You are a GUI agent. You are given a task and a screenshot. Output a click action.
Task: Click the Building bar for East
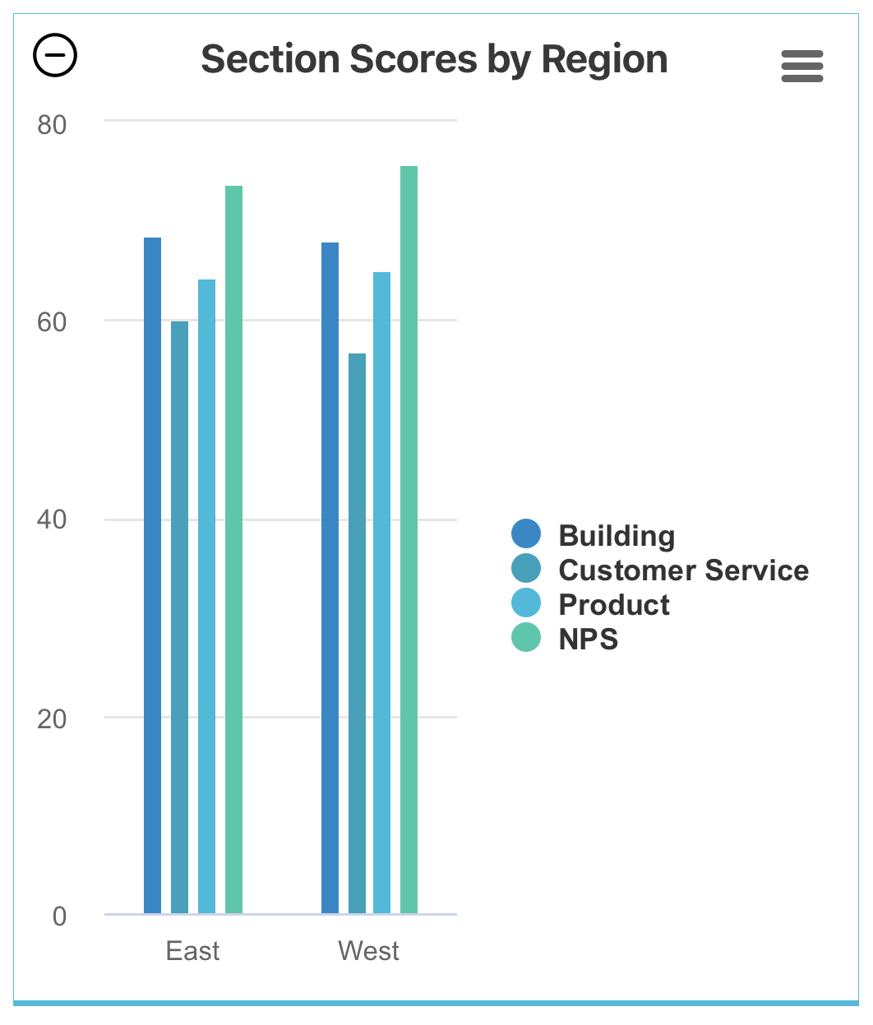[152, 575]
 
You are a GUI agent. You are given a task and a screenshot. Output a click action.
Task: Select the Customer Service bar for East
[179, 616]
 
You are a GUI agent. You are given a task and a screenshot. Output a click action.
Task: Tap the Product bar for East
[206, 596]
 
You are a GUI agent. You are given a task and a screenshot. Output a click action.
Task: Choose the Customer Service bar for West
[357, 633]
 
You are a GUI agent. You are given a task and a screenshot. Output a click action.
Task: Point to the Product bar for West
[381, 592]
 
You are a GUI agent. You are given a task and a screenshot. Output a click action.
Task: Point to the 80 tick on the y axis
[52, 125]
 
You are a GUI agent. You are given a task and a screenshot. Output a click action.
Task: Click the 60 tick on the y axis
[52, 322]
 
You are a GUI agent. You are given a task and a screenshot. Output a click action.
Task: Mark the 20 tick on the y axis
[52, 718]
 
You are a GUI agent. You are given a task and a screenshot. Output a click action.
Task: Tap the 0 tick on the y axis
[59, 916]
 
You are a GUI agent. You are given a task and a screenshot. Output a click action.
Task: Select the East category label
[192, 951]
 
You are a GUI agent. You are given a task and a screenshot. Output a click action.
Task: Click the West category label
[368, 951]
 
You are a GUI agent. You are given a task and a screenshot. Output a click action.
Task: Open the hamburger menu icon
[801, 66]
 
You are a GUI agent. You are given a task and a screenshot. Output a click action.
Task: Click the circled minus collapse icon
[55, 55]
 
